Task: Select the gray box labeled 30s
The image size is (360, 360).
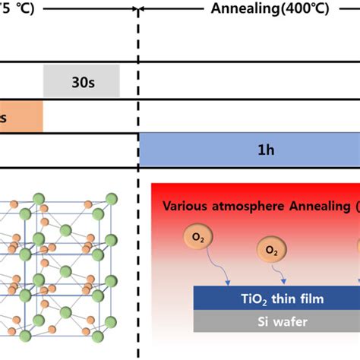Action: tap(81, 81)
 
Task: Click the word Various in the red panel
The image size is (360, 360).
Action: tap(188, 207)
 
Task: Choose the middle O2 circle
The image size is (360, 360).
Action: tap(271, 249)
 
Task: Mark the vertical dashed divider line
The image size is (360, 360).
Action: tap(138, 228)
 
